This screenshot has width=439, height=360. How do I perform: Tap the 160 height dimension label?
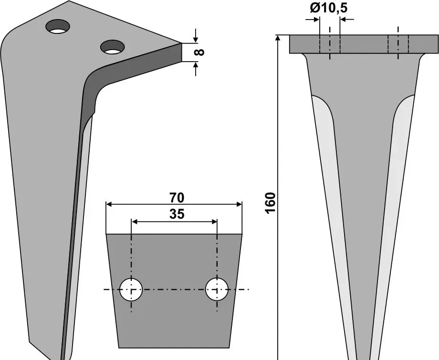[x=271, y=203]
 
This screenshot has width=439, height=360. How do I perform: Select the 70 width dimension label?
[x=177, y=198]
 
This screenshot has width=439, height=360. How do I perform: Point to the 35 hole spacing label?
[x=177, y=214]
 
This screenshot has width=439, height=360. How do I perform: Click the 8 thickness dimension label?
[x=199, y=52]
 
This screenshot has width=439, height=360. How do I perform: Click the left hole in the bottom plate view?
[x=131, y=289]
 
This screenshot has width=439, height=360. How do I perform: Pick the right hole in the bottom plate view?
[x=217, y=289]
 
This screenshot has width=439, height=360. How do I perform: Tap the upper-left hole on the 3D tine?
[x=58, y=26]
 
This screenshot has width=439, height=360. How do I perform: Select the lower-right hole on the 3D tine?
[x=113, y=47]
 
